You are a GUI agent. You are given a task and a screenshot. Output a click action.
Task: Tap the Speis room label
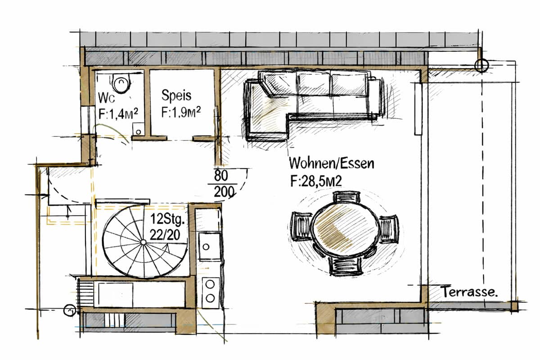click(176, 95)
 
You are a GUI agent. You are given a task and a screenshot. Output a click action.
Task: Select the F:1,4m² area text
click(118, 113)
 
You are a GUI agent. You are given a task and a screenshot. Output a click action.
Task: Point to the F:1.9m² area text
click(181, 112)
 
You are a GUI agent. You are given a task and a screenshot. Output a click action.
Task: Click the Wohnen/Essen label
click(332, 163)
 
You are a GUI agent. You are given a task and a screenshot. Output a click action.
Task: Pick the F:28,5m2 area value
click(316, 181)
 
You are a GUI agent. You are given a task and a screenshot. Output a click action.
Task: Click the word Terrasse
click(470, 292)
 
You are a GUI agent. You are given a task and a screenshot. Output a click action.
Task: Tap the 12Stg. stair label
click(168, 219)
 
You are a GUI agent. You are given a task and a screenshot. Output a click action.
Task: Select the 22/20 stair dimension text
click(165, 234)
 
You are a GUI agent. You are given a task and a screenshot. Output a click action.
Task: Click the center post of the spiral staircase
click(143, 242)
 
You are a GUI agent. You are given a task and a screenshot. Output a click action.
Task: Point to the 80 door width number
click(221, 175)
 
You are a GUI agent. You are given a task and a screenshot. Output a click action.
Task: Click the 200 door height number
click(224, 192)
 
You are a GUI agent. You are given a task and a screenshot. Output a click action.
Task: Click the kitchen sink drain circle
click(206, 247)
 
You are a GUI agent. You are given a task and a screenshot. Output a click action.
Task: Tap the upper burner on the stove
click(210, 284)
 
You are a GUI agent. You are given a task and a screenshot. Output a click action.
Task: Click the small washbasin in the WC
click(139, 129)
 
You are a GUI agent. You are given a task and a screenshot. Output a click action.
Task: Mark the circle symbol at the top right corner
click(481, 65)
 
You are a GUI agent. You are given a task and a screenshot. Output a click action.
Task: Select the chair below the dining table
click(346, 267)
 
